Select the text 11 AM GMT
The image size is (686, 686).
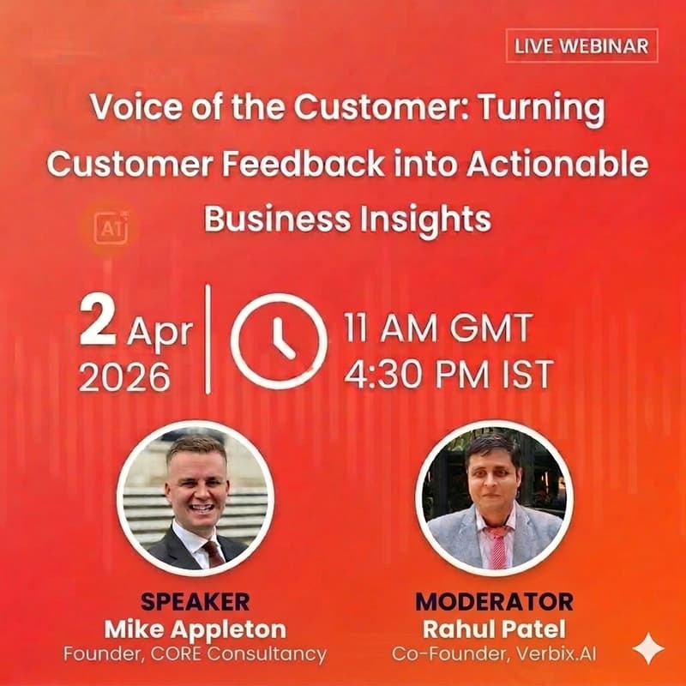tap(438, 328)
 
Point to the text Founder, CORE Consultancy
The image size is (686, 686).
tap(195, 653)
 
